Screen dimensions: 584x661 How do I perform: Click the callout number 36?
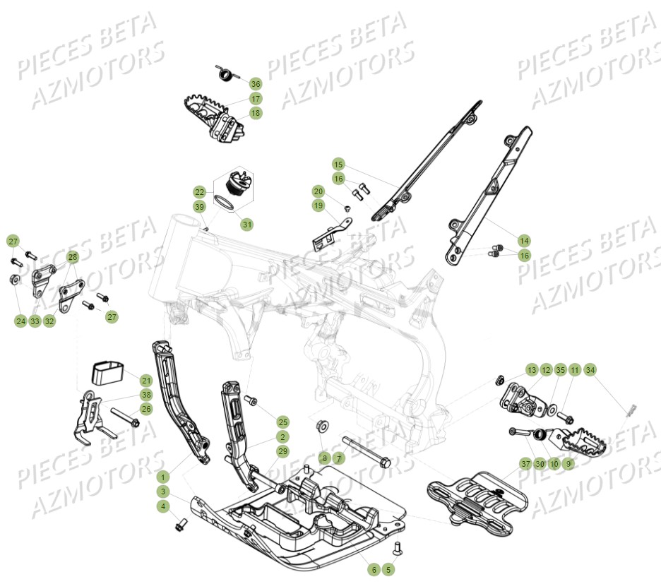tap(255, 83)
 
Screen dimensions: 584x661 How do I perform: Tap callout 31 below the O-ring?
tap(246, 224)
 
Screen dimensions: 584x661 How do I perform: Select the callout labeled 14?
tap(523, 240)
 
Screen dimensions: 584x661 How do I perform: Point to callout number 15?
tap(338, 163)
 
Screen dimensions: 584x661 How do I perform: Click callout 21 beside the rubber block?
tap(145, 380)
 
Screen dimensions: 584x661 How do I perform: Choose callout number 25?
tap(282, 422)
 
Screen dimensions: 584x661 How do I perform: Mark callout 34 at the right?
tap(590, 370)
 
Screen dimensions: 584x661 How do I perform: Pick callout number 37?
tap(525, 464)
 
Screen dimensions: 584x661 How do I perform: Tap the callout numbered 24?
tap(20, 321)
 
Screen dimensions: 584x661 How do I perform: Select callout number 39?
tap(200, 206)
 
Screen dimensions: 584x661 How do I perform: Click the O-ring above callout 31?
tap(225, 203)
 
